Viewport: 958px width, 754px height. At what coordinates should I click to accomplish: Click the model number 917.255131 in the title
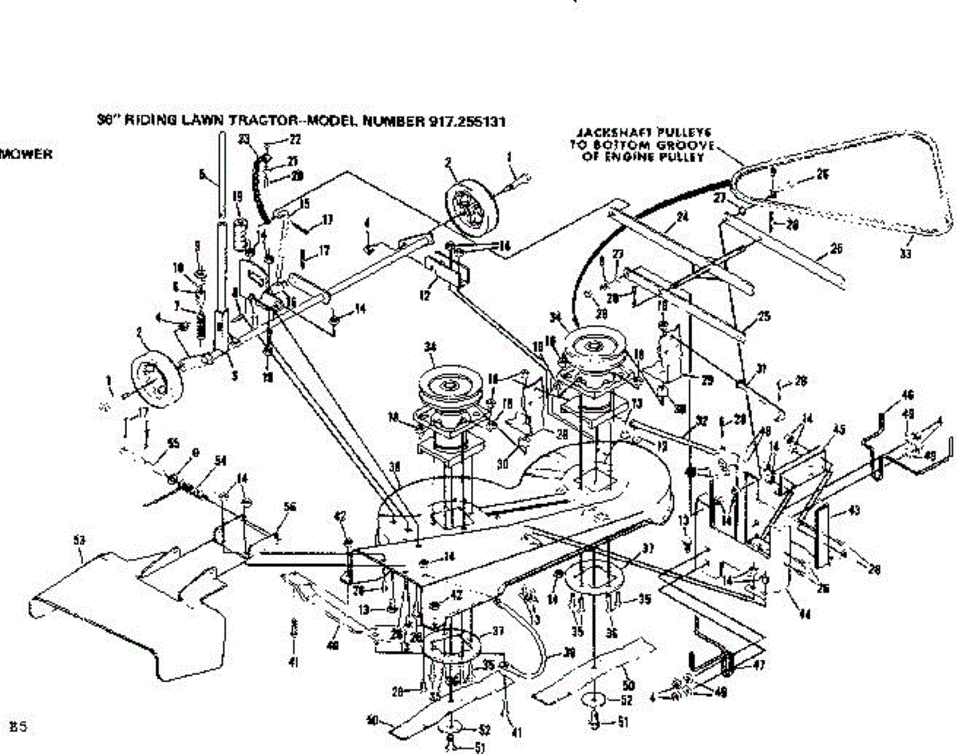click(464, 122)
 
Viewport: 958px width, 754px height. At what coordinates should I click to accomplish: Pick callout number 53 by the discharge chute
click(78, 541)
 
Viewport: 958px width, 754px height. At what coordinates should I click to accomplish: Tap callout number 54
click(221, 460)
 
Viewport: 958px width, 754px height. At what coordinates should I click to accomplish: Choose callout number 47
click(759, 663)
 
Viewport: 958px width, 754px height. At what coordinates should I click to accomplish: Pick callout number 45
click(838, 427)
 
